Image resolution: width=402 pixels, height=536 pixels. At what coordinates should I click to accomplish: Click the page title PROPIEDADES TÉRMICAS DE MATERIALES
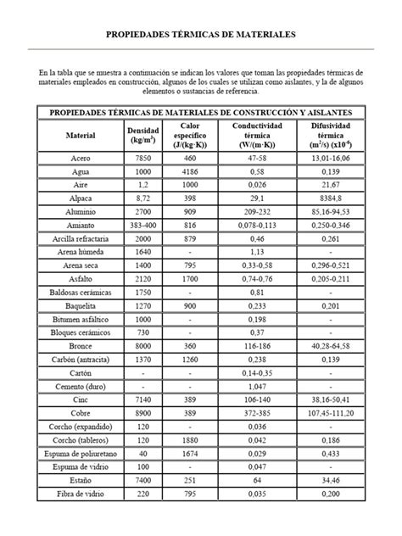tap(200, 37)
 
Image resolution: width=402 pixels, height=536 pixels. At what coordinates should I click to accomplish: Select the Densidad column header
tap(142, 135)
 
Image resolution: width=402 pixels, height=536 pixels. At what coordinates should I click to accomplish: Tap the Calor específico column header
tap(190, 135)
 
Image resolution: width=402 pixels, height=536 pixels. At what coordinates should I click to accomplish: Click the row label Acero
tap(81, 158)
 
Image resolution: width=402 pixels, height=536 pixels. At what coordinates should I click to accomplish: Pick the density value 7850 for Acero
tap(142, 158)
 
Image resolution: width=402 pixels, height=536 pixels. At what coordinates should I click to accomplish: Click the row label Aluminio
tap(81, 211)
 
